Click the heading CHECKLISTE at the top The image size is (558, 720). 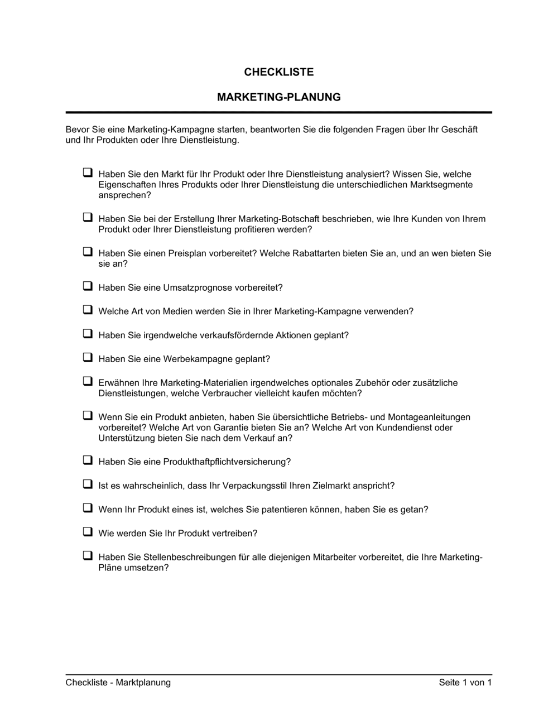278,72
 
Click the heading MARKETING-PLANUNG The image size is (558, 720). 278,97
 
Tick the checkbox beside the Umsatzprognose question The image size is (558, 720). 88,286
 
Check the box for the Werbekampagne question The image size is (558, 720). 88,358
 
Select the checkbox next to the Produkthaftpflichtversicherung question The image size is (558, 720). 88,460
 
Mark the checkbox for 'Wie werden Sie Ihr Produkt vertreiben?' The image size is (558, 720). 88,532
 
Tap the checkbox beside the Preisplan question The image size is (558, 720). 88,252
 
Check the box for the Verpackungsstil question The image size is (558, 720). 88,484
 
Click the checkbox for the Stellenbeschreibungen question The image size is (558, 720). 88,556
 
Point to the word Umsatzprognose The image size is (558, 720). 198,288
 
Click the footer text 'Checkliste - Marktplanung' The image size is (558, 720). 118,683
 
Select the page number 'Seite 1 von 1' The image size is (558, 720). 465,683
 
